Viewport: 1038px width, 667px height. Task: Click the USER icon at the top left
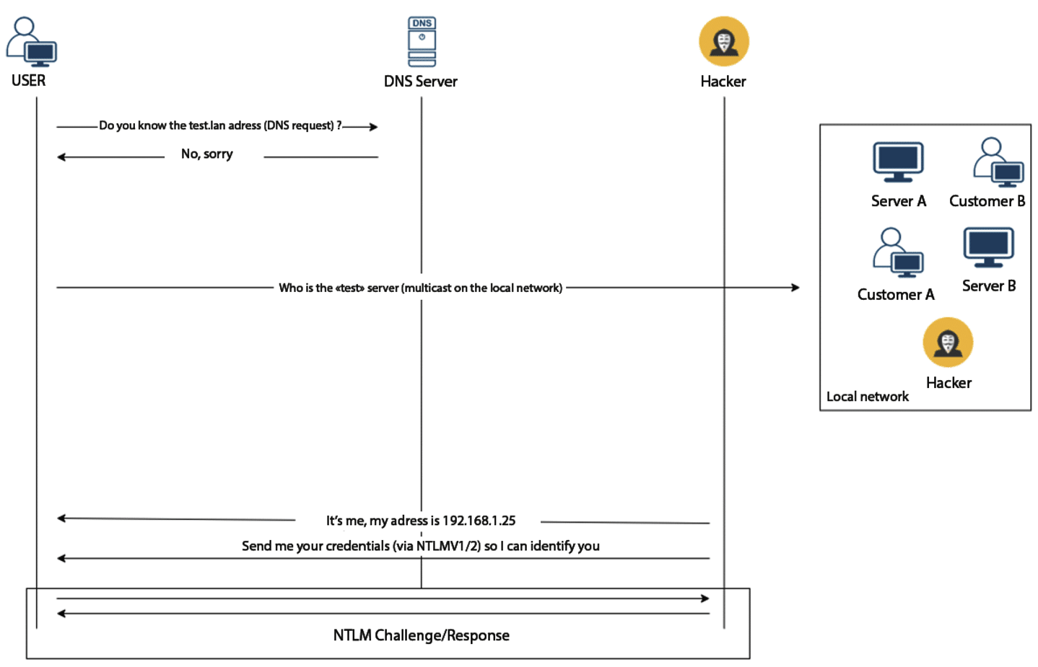(31, 43)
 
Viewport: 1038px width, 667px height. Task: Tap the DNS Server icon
(422, 42)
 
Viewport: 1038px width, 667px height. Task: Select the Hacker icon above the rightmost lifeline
(723, 42)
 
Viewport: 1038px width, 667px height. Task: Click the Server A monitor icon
(898, 162)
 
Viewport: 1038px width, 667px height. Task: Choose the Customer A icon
(897, 253)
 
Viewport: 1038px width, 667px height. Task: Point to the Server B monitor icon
(988, 247)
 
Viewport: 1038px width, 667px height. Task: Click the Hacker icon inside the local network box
(948, 343)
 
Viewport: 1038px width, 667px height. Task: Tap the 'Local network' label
(867, 397)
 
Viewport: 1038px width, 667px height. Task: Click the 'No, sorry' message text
(207, 154)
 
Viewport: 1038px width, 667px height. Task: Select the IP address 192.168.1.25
(479, 521)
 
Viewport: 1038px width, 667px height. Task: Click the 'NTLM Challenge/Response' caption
(421, 635)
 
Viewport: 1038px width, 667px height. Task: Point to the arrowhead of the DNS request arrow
(373, 127)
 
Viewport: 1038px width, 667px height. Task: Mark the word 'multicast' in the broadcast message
(428, 288)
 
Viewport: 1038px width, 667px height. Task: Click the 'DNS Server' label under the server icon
(420, 81)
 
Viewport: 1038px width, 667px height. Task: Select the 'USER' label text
(28, 81)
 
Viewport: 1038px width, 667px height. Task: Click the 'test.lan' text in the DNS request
(207, 125)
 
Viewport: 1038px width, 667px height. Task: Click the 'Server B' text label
(988, 286)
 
